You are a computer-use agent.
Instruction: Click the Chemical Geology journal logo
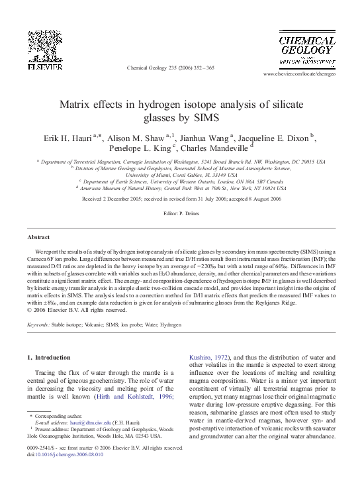(306, 48)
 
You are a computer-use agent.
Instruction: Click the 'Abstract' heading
(38, 236)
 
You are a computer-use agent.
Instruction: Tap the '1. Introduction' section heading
(48, 358)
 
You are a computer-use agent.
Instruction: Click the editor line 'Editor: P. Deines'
(180, 214)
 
